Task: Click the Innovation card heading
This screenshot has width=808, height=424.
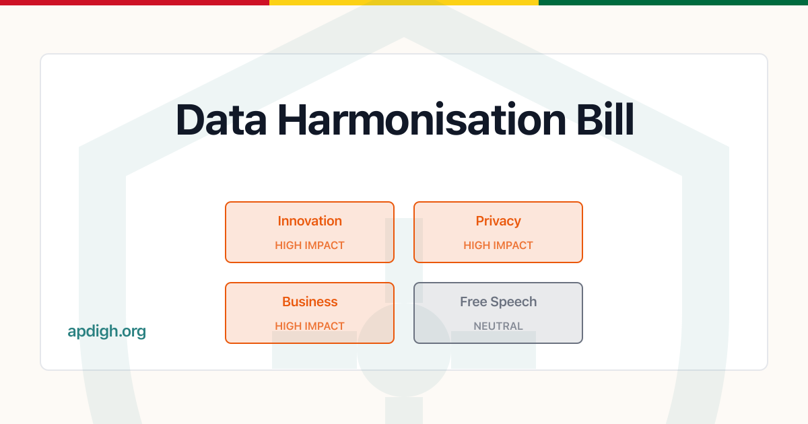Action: pyautogui.click(x=310, y=221)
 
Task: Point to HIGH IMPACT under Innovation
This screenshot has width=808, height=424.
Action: pyautogui.click(x=310, y=246)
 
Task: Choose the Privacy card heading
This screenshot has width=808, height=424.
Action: pyautogui.click(x=498, y=221)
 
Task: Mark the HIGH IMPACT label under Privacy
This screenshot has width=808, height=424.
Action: pyautogui.click(x=498, y=246)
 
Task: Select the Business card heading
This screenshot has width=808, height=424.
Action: pyautogui.click(x=310, y=302)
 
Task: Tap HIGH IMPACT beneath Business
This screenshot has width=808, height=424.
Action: pyautogui.click(x=310, y=326)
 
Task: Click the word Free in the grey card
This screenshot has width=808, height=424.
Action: pyautogui.click(x=474, y=302)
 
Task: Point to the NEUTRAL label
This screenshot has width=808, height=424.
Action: pyautogui.click(x=498, y=326)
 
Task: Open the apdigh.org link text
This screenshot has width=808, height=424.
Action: pyautogui.click(x=107, y=331)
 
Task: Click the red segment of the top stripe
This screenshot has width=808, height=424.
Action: pyautogui.click(x=135, y=3)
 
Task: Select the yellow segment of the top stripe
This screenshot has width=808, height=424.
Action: pyautogui.click(x=404, y=3)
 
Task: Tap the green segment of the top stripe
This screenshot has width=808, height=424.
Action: pyautogui.click(x=673, y=3)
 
